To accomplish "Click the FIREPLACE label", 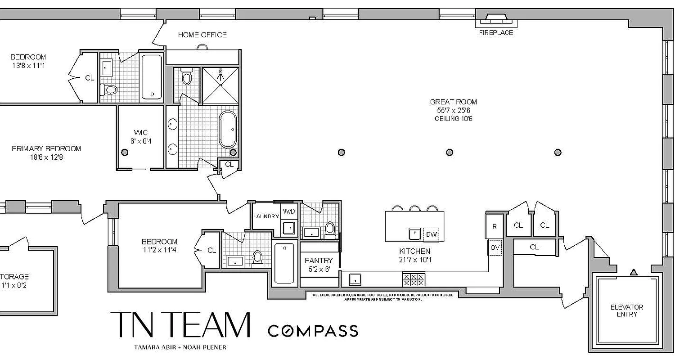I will tap(495, 33).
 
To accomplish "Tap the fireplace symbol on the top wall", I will tap(495, 19).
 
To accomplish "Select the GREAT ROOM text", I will tap(453, 102).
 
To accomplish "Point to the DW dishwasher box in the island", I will tap(431, 234).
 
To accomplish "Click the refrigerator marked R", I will tap(494, 226).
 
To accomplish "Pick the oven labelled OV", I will tap(495, 247).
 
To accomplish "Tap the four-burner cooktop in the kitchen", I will tap(413, 279).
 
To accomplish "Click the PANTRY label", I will tap(319, 261).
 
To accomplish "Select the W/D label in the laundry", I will tap(288, 211).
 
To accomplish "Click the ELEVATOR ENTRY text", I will tap(626, 310).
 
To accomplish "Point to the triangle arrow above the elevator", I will tap(634, 272).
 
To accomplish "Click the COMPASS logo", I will tap(313, 331).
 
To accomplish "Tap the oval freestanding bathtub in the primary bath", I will tap(228, 129).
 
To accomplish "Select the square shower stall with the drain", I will tap(220, 86).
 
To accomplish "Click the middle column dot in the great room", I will tap(450, 153).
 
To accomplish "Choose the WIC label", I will tap(140, 133).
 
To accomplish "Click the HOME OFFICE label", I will tap(202, 35).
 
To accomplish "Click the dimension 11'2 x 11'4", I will tap(159, 250).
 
